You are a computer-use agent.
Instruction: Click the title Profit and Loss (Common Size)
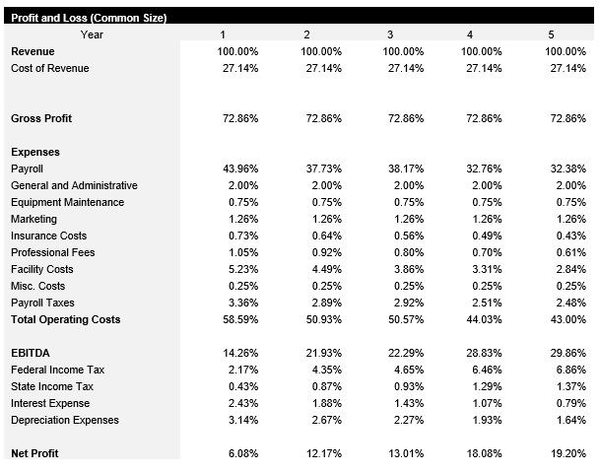(89, 18)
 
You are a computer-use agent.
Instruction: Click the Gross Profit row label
(41, 118)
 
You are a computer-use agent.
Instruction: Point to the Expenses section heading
(35, 152)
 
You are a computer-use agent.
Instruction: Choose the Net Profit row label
(34, 453)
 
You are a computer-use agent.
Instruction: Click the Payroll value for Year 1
(237, 169)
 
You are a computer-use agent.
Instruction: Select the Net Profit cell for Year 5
(566, 453)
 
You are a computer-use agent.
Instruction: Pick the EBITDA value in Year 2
(321, 353)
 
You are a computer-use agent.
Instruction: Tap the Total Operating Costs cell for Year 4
(483, 319)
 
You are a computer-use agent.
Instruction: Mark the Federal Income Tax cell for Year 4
(485, 370)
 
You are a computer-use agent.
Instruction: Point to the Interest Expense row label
(50, 403)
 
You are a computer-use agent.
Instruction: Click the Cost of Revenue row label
(49, 68)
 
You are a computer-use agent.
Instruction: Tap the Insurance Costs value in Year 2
(323, 236)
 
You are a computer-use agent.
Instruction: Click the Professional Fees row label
(52, 252)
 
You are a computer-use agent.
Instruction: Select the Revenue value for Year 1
(237, 51)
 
